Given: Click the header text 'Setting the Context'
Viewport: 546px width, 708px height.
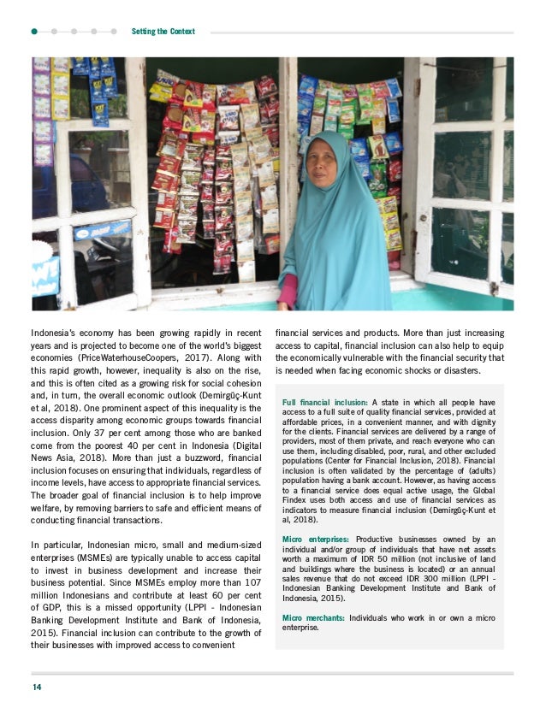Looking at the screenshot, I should click(163, 32).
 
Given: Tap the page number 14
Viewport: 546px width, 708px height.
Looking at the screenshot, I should click(37, 687).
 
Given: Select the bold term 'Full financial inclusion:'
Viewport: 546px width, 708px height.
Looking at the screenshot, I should click(324, 402).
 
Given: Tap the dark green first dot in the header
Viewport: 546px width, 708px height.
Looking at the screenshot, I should click(34, 32).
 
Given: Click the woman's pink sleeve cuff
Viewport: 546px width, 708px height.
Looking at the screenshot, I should click(288, 290).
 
